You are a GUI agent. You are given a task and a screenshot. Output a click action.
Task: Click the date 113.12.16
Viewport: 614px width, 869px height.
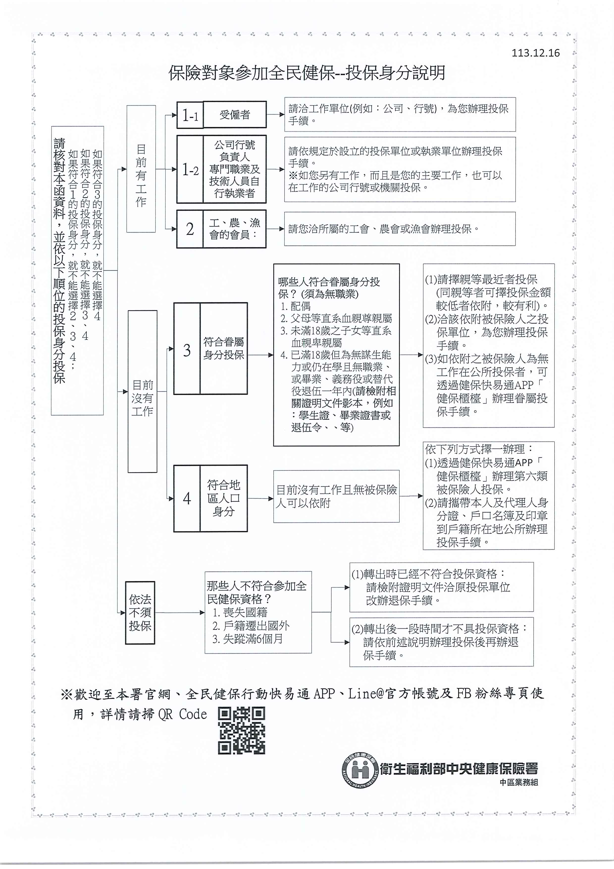coord(535,53)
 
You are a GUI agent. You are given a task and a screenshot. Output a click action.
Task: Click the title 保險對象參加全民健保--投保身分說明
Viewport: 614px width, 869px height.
coord(307,73)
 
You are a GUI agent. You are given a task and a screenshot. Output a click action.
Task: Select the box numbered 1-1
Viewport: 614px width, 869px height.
coord(190,115)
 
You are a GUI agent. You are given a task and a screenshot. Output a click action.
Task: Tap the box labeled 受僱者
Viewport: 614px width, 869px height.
coord(234,115)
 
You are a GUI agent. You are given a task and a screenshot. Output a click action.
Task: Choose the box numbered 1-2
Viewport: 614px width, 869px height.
coord(190,169)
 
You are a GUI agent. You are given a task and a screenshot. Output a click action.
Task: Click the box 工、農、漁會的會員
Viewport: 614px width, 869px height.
coord(234,229)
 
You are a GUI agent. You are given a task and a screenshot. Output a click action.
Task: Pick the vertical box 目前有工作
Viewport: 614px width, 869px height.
coord(141,169)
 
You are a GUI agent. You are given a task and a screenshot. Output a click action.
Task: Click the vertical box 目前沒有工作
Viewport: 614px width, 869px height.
coord(142,391)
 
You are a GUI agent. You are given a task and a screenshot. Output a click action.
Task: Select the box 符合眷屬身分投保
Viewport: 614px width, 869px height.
coord(224,348)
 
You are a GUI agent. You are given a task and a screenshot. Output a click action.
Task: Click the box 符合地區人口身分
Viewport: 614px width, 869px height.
coord(224,498)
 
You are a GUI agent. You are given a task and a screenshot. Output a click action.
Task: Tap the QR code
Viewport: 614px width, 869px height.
coord(241,731)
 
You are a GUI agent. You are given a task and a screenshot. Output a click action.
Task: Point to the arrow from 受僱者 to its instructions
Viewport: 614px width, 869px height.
coord(275,114)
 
